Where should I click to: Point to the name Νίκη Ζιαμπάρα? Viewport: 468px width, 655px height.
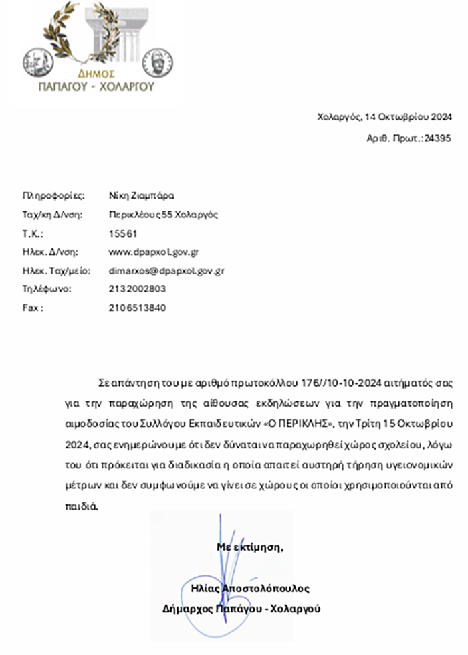tap(141, 196)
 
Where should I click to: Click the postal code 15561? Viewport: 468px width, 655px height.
tap(123, 233)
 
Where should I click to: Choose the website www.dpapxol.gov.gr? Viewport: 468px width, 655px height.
tap(154, 252)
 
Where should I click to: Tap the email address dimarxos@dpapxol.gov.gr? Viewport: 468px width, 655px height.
tap(166, 271)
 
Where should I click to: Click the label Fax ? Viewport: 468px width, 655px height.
tap(33, 308)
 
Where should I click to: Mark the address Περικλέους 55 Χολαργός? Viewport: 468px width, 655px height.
tap(164, 215)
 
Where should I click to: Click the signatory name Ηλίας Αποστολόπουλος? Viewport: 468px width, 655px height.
tap(250, 589)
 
